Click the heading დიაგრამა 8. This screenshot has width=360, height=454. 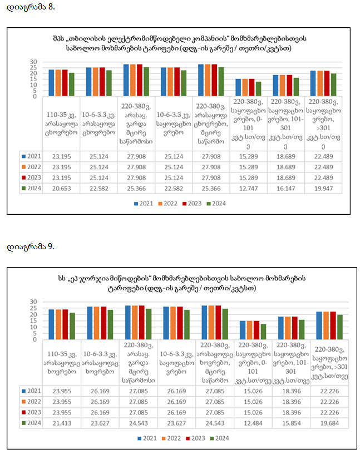pyautogui.click(x=31, y=7)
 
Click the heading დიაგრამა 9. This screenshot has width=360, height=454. pyautogui.click(x=31, y=246)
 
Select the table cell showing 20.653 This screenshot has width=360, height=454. pyautogui.click(x=61, y=189)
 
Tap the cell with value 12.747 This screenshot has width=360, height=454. pyautogui.click(x=249, y=189)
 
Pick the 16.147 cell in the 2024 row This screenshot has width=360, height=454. pyautogui.click(x=286, y=189)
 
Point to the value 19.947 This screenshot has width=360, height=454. pyautogui.click(x=323, y=189)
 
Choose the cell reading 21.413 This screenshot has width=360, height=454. pyautogui.click(x=62, y=423)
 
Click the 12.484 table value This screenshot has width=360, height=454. pyautogui.click(x=253, y=423)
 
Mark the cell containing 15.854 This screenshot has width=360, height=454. pyautogui.click(x=292, y=423)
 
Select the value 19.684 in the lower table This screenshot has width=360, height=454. pyautogui.click(x=329, y=423)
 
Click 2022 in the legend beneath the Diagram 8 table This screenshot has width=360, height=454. pyautogui.click(x=167, y=204)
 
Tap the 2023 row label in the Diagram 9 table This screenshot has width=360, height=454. pyautogui.click(x=32, y=412)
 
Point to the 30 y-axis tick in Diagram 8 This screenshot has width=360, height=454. pyautogui.click(x=33, y=62)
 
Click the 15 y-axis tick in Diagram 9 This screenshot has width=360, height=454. pyautogui.click(x=33, y=320)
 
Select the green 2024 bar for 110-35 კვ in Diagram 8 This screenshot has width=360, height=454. pyautogui.click(x=72, y=84)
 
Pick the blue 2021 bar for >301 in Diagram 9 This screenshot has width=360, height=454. pyautogui.click(x=319, y=325)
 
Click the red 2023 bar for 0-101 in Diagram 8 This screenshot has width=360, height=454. pyautogui.click(x=251, y=87)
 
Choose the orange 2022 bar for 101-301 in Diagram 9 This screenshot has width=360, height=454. pyautogui.click(x=288, y=328)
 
